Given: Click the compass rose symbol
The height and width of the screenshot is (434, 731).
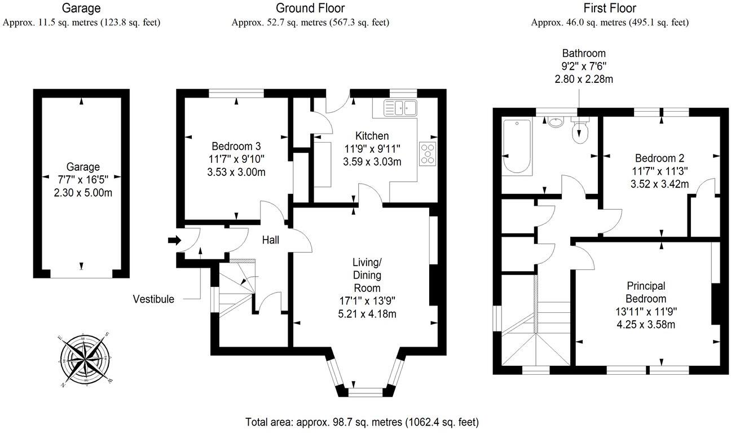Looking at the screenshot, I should (85, 360).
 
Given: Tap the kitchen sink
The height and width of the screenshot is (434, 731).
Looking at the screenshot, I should (399, 107).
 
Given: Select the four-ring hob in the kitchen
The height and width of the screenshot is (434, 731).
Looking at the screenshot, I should (428, 153).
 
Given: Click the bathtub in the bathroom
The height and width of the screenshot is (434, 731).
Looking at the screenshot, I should (516, 147).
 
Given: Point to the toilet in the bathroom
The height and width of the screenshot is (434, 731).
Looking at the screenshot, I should (579, 130).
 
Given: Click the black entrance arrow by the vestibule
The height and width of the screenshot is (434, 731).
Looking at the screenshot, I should (174, 241).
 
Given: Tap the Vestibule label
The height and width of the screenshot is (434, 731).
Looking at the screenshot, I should (153, 299).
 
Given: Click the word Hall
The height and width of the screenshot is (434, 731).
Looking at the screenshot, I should (270, 240).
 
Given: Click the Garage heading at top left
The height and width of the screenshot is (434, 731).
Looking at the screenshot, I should (81, 8).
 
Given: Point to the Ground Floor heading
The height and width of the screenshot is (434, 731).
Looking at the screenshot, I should (310, 8).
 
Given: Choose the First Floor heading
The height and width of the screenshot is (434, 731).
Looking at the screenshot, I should (610, 8).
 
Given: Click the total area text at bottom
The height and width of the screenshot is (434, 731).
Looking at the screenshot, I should (362, 422).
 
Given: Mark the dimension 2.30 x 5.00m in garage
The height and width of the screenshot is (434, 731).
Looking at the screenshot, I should (83, 192).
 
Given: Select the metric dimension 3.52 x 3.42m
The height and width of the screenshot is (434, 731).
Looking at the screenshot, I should (659, 184).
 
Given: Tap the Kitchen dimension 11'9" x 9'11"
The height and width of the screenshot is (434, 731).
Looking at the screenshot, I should (366, 149).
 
